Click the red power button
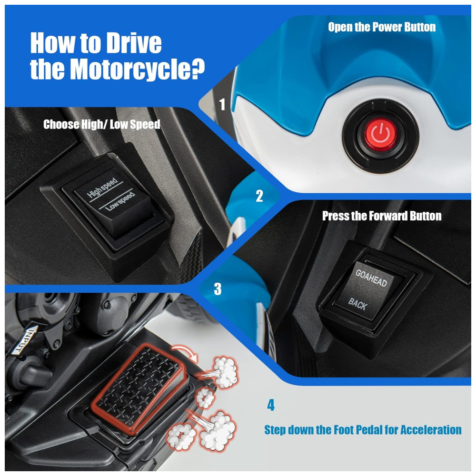point(380,135)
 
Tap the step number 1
point(222,104)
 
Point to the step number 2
point(259,196)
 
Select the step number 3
point(218,289)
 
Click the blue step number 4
point(271,405)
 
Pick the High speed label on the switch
point(102,187)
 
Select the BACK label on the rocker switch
point(358,304)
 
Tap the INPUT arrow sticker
point(25,340)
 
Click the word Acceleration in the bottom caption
point(431,430)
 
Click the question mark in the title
point(197,69)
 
